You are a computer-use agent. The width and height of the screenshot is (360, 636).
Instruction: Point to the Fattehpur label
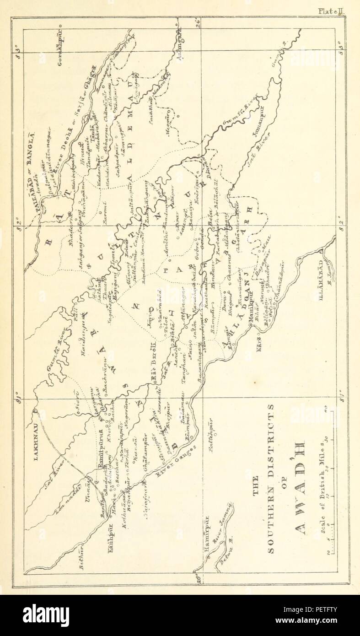pyautogui.click(x=212, y=437)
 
